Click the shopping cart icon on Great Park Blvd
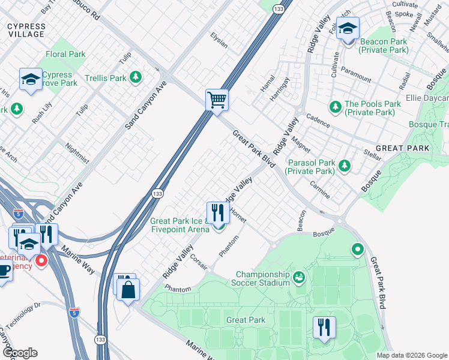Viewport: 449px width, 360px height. pos(217,100)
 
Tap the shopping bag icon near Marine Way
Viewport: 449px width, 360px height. pos(129,290)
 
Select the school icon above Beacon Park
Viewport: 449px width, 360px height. pos(348,29)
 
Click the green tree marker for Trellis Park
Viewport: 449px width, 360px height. pos(136,77)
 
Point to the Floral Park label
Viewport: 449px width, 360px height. pos(65,54)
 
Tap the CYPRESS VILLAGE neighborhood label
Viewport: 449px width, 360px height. pos(26,30)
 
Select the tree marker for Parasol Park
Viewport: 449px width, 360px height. pos(344,166)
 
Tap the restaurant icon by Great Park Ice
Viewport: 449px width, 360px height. pos(218,212)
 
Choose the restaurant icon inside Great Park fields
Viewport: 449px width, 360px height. pos(324,327)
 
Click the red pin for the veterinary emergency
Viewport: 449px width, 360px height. pos(41,261)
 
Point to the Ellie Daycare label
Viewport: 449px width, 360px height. pos(427,98)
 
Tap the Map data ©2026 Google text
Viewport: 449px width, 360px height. pos(411,355)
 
